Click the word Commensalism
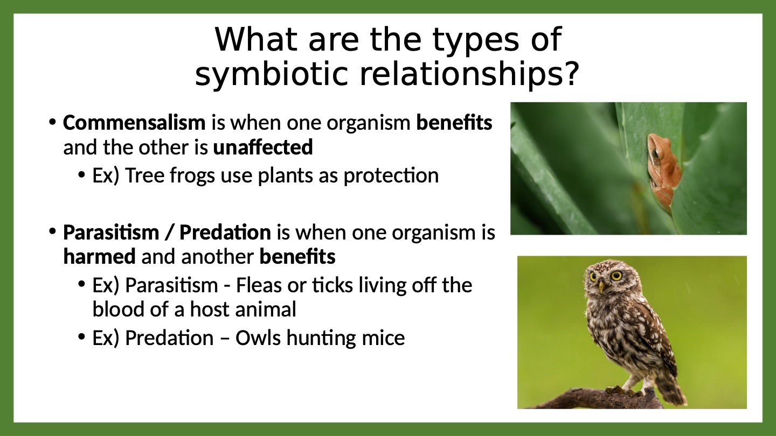[134, 123]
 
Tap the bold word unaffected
[263, 147]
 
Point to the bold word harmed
[99, 256]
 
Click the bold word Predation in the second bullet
[225, 232]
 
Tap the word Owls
[258, 337]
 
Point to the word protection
[391, 176]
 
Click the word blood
[118, 309]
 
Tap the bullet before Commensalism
[52, 123]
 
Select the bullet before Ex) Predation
[81, 337]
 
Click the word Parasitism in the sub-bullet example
[171, 285]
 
